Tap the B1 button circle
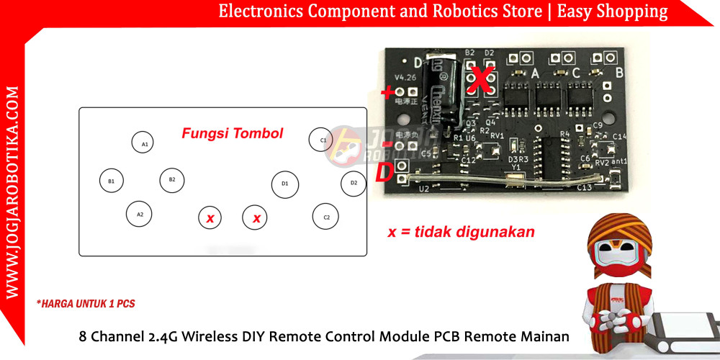pyautogui.click(x=111, y=181)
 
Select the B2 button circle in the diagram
pyautogui.click(x=171, y=179)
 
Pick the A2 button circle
pyautogui.click(x=140, y=214)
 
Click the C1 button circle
pyautogui.click(x=323, y=140)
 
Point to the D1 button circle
pyautogui.click(x=284, y=184)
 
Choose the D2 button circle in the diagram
pyautogui.click(x=353, y=183)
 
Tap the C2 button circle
pyautogui.click(x=325, y=216)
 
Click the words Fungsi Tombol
pyautogui.click(x=232, y=133)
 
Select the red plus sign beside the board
pyautogui.click(x=389, y=92)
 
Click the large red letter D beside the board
pyautogui.click(x=384, y=173)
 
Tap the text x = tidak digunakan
pyautogui.click(x=461, y=232)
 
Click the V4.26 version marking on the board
pyautogui.click(x=405, y=77)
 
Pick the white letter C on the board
pyautogui.click(x=576, y=73)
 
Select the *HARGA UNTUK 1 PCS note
pyautogui.click(x=85, y=304)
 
